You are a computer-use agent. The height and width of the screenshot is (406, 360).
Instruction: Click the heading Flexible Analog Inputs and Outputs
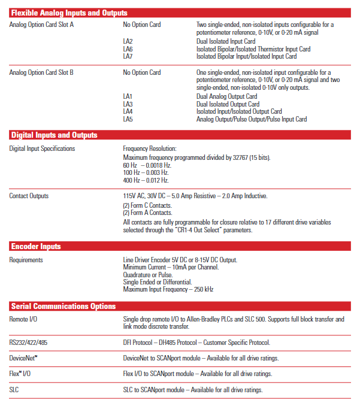[69, 13]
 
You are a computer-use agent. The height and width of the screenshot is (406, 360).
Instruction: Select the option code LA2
[128, 41]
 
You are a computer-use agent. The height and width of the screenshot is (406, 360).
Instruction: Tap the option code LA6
[128, 49]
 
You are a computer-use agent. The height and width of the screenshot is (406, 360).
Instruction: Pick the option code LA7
[128, 56]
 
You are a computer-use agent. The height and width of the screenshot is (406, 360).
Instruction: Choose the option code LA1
[128, 96]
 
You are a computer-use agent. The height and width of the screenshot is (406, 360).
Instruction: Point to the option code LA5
[128, 119]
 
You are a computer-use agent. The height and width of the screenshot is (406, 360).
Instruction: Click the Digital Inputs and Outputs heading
[54, 135]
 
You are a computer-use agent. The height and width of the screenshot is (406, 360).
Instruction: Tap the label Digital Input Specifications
[42, 149]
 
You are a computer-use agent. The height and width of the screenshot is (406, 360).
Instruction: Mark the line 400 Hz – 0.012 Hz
[146, 180]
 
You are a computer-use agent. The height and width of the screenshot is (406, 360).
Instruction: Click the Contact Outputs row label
[29, 196]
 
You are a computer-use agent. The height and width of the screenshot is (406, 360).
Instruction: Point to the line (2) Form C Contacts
[147, 205]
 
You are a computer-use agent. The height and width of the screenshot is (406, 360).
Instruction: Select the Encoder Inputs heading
[36, 246]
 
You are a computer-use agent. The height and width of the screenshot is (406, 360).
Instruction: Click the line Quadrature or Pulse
[148, 275]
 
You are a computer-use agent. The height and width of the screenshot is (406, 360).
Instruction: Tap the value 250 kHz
[201, 290]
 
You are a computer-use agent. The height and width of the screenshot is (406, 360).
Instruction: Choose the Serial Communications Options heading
[63, 306]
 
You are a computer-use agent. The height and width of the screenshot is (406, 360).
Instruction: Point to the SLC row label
[15, 390]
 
